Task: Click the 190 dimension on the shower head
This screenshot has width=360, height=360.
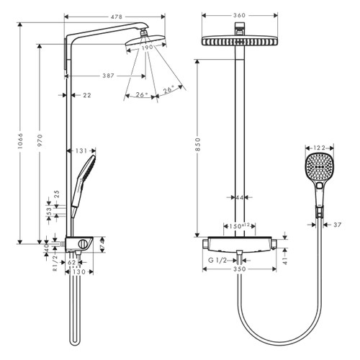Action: pyautogui.click(x=147, y=48)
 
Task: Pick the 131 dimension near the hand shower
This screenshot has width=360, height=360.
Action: pyautogui.click(x=81, y=150)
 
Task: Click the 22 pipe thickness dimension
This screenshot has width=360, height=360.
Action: pyautogui.click(x=87, y=94)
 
